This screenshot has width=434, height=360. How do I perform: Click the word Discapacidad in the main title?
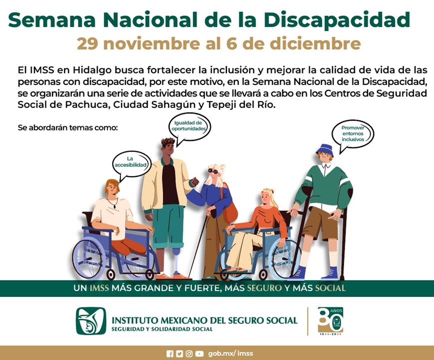(336, 19)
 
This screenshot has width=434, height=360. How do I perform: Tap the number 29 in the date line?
(88, 43)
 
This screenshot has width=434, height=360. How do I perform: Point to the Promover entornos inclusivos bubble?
(353, 133)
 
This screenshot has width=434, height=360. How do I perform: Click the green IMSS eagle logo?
(91, 320)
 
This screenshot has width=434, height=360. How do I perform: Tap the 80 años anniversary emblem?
(331, 320)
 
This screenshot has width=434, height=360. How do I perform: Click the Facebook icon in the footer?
(170, 353)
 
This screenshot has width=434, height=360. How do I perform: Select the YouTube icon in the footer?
(199, 353)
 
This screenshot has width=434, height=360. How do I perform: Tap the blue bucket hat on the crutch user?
(325, 149)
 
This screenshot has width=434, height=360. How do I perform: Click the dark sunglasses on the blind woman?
(214, 171)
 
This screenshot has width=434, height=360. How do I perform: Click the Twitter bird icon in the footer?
(179, 353)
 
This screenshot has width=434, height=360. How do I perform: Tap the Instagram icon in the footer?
(189, 353)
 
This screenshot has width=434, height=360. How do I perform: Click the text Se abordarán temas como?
(67, 127)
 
